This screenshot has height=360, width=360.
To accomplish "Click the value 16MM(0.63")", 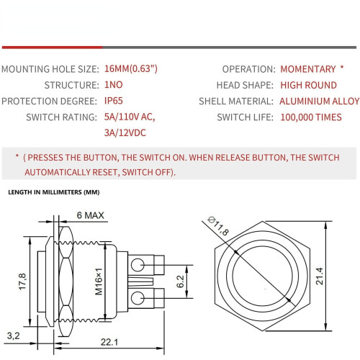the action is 131,69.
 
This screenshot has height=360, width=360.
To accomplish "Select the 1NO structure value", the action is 114,85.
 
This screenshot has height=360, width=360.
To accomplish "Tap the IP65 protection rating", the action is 114,101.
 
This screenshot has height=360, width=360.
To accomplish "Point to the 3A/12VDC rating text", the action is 125,132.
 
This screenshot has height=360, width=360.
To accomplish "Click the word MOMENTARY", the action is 308,69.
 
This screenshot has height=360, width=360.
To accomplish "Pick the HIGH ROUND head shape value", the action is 308,85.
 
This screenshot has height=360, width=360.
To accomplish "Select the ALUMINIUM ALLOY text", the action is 320,101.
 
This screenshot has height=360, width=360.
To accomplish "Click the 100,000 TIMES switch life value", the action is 311,117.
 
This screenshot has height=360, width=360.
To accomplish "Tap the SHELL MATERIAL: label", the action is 236,101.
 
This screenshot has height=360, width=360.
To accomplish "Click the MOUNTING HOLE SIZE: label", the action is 50,69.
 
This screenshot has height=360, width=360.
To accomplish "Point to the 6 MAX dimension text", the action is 91,215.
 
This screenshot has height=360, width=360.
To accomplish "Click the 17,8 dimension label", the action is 22,282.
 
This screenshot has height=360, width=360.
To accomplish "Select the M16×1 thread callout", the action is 99,282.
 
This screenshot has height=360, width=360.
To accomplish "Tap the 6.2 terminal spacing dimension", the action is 180,282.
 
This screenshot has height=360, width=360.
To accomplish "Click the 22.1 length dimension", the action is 109,342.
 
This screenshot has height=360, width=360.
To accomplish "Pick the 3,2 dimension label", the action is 14,336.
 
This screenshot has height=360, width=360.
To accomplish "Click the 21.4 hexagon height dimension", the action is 320,276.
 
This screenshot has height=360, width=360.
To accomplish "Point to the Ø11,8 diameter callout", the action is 218,226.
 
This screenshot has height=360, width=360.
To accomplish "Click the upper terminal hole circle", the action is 138,265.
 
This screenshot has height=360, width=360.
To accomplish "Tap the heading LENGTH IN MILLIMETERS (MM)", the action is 54,192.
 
